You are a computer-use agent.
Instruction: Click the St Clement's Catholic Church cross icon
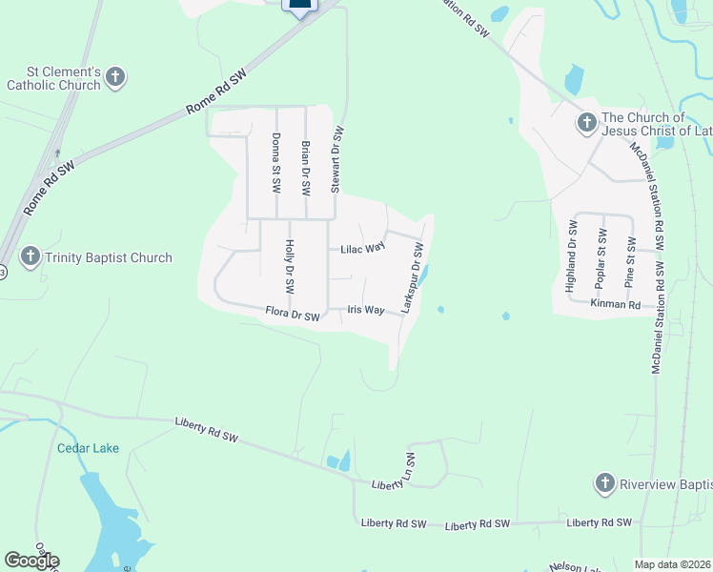pos(114,77)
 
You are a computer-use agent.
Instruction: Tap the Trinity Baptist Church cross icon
pos(31,256)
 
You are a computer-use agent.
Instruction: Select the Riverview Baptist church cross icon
pos(604,483)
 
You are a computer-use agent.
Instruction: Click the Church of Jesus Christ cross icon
pos(586,123)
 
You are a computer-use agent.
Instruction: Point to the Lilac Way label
pos(363,248)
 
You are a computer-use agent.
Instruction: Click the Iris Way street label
pos(366,310)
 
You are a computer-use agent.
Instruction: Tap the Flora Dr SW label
pos(292,313)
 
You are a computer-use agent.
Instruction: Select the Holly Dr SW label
pos(290,266)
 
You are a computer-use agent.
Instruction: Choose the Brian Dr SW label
pos(306,161)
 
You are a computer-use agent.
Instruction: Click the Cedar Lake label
pos(88,448)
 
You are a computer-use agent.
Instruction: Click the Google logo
pos(31,561)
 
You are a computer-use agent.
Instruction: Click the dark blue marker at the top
pos(299,7)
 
